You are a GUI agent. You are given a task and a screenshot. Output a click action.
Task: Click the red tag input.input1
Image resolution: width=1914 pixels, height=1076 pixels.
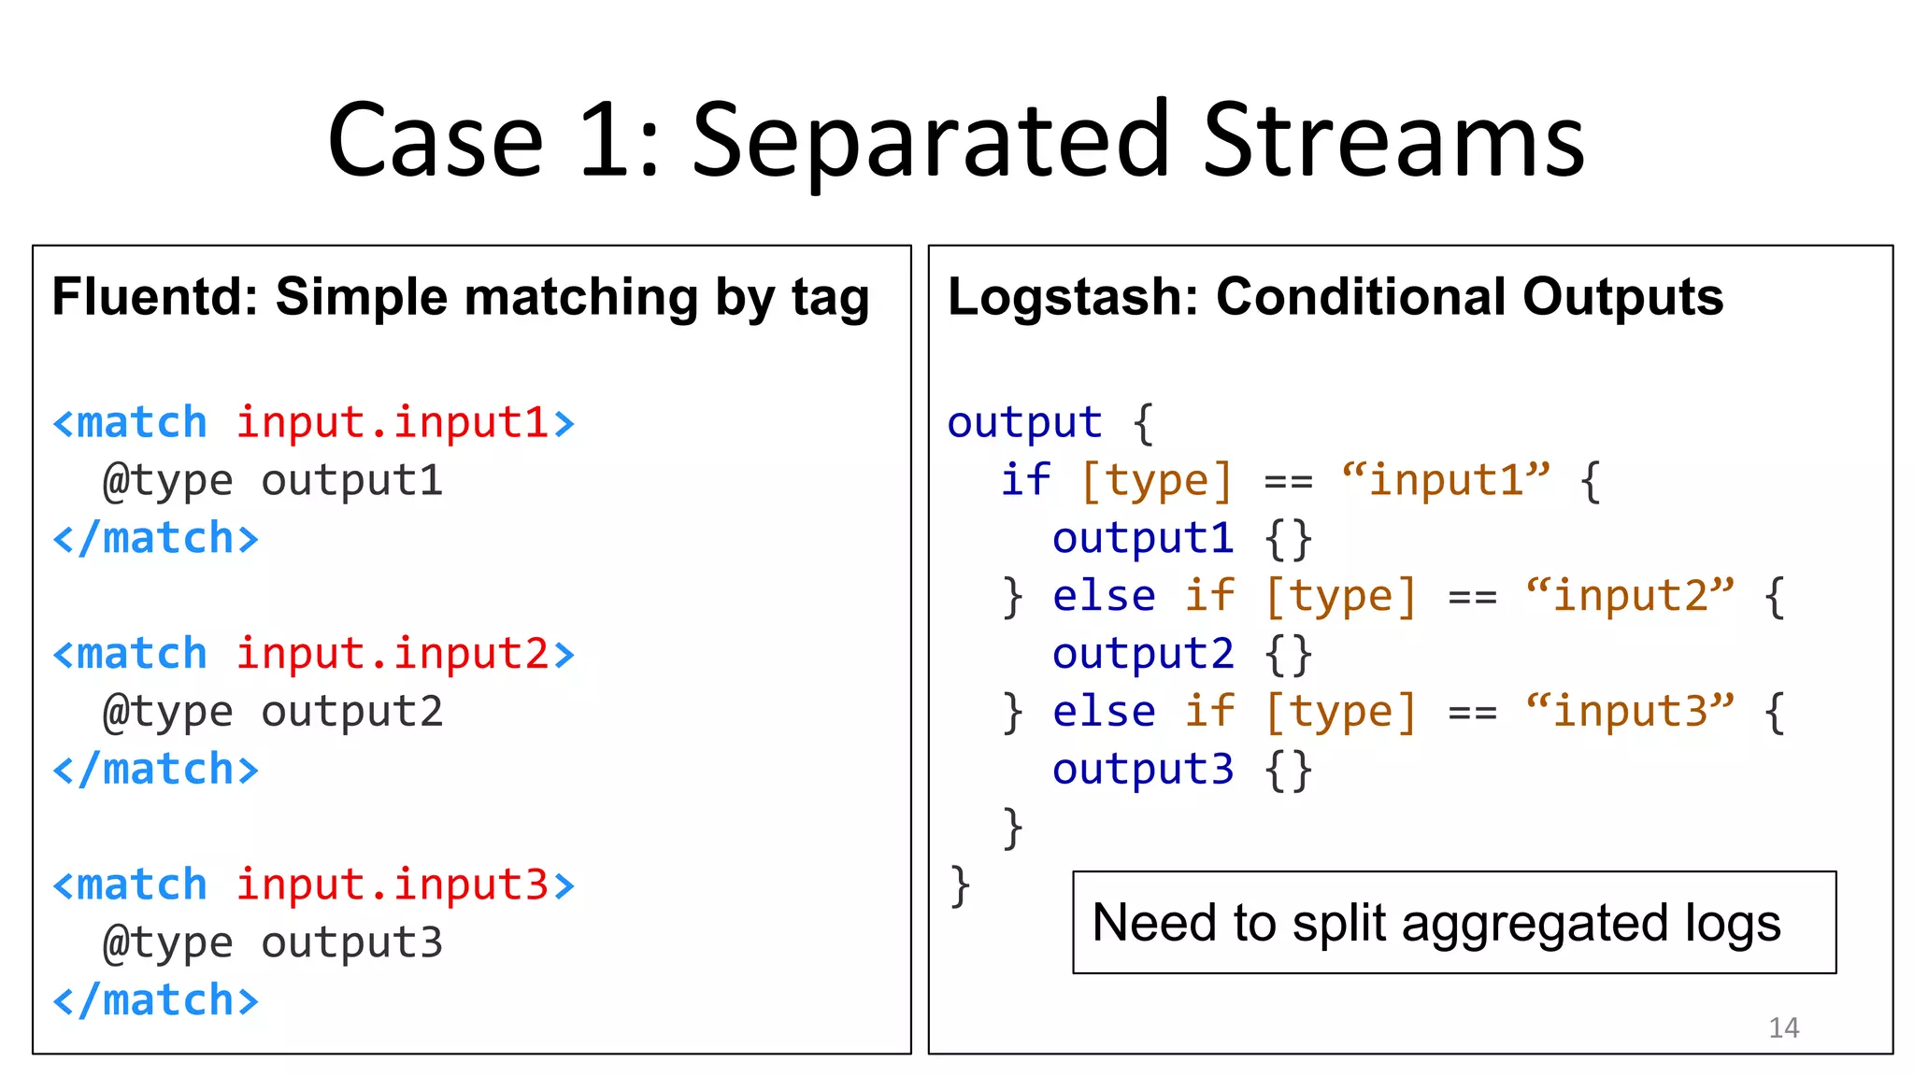point(392,422)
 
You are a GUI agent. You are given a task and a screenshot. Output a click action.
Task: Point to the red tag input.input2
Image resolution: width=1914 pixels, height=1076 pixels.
point(392,653)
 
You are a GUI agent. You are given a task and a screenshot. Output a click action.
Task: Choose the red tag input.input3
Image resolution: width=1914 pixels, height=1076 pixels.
point(392,885)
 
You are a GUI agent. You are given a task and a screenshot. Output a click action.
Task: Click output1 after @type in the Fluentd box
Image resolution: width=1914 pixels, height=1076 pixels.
point(351,481)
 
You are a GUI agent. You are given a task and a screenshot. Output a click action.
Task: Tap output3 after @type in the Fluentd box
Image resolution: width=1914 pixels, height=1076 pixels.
point(351,942)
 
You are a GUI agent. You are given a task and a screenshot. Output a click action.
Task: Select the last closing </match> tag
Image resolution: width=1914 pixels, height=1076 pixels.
point(156,1000)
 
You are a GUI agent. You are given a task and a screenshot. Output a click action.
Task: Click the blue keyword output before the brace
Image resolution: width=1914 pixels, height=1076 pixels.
point(1024,422)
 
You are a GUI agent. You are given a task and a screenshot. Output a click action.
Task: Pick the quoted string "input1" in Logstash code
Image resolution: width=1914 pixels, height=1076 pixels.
point(1445,480)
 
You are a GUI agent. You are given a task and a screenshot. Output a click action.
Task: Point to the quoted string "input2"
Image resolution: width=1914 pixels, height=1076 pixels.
point(1629,596)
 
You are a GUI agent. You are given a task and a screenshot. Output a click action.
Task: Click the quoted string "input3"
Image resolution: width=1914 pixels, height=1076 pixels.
point(1629,712)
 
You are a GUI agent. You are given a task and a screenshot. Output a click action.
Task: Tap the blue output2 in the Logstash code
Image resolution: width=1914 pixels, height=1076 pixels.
point(1142,654)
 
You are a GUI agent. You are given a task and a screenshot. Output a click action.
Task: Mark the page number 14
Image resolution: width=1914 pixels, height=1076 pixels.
point(1783,1027)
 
